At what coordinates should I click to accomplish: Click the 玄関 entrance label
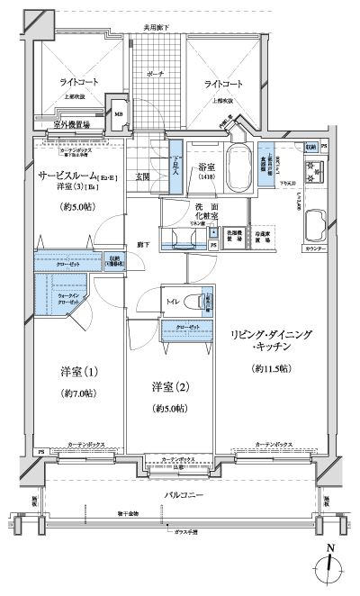143,176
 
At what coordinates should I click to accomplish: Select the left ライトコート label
74,83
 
